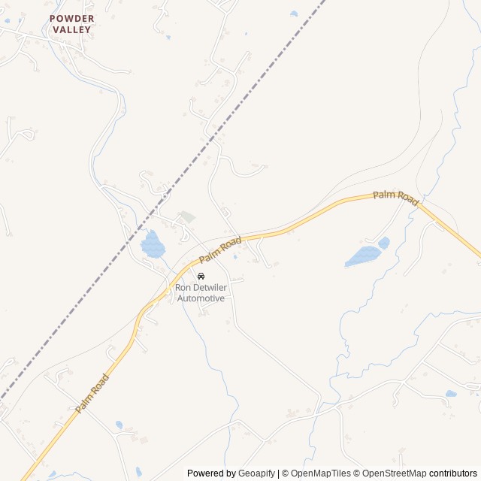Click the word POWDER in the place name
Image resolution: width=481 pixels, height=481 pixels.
click(x=72, y=18)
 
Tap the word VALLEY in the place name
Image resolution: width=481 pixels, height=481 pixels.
click(x=72, y=29)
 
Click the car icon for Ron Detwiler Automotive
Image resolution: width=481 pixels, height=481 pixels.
click(x=200, y=276)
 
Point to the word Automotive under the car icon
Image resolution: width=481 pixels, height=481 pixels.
click(x=201, y=298)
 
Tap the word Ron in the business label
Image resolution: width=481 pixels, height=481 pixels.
click(x=183, y=287)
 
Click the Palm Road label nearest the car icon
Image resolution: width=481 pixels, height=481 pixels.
click(x=220, y=250)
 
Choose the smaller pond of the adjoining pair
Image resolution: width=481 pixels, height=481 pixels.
click(x=384, y=243)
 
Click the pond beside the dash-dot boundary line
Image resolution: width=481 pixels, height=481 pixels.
click(x=153, y=244)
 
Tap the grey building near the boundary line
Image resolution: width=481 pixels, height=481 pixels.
click(x=186, y=217)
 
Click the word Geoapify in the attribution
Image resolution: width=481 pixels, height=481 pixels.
click(x=257, y=473)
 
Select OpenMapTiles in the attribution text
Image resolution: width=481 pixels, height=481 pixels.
click(x=321, y=473)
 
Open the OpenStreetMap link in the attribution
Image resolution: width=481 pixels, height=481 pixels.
click(x=395, y=473)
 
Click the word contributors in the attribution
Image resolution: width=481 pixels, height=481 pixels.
click(x=453, y=473)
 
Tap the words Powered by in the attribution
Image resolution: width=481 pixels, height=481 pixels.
click(x=211, y=473)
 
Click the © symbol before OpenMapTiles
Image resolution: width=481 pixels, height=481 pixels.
click(x=286, y=473)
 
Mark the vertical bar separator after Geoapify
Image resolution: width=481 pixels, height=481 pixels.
click(x=279, y=473)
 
